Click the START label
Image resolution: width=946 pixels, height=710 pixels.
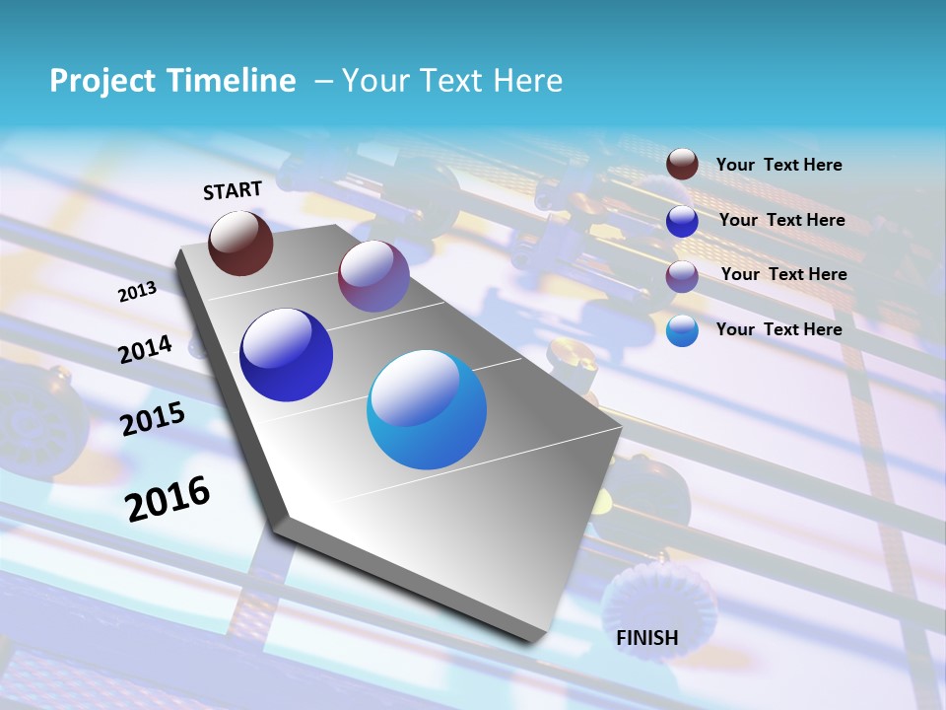[233, 190]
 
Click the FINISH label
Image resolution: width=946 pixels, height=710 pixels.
[647, 638]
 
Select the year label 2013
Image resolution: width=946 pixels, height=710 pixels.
[137, 292]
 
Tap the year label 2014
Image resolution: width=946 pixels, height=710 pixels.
[146, 350]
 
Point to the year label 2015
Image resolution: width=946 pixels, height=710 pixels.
[153, 420]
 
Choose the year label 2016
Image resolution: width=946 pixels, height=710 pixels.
[168, 498]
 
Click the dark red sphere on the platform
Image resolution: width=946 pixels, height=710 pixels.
[240, 244]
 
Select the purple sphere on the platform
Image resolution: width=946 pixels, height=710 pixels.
[373, 276]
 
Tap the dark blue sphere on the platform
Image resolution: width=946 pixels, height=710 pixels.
[287, 355]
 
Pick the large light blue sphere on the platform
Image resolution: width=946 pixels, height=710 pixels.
[427, 409]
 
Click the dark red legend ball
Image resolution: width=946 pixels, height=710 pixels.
[682, 165]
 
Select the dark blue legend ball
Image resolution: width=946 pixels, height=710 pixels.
[682, 221]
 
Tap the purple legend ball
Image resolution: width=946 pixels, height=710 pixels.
[682, 276]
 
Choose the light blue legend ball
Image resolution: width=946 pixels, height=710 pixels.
[682, 331]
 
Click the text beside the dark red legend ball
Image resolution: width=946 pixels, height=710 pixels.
[778, 165]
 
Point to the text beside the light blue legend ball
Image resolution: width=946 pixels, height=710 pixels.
[778, 329]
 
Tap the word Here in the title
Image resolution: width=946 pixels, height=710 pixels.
[527, 81]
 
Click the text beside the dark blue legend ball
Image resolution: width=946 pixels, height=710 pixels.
[781, 220]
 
